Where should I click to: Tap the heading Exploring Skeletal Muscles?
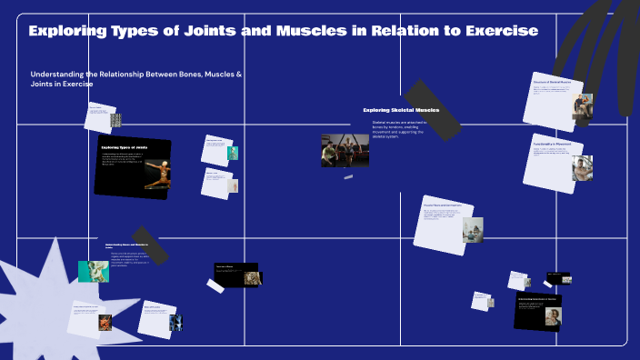click(401, 110)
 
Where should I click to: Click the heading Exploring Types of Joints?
click(124, 146)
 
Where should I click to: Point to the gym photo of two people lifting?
click(345, 150)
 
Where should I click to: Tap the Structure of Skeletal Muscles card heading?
click(551, 82)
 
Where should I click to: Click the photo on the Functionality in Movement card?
click(582, 167)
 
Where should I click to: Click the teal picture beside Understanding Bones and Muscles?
click(93, 271)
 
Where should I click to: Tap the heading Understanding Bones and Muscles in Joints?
click(125, 245)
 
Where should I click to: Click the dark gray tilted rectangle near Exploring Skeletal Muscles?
click(431, 110)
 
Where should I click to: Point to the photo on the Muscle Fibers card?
click(473, 229)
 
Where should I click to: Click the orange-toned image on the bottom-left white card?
click(105, 322)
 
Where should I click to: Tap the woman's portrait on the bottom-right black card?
click(552, 315)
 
